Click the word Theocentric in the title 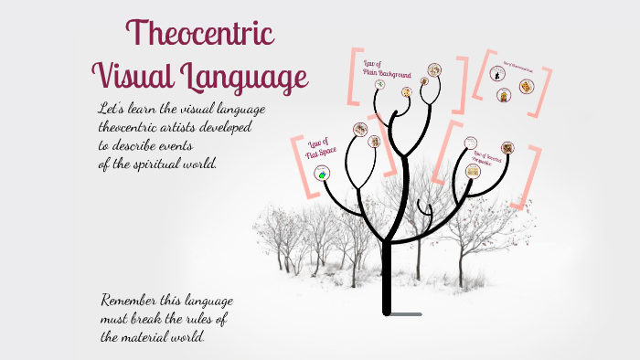200,33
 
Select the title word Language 242,78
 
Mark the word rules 200,318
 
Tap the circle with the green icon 322,174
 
